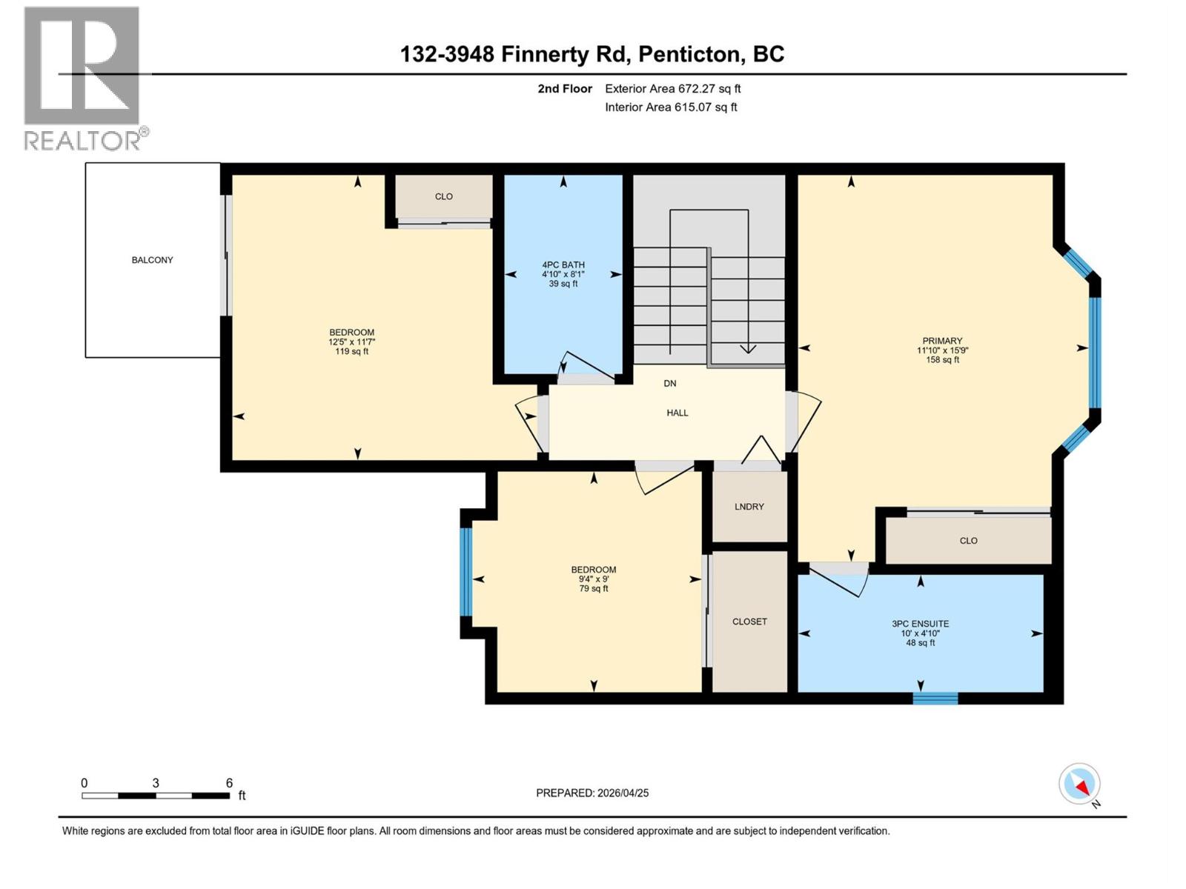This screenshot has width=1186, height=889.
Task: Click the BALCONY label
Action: [152, 260]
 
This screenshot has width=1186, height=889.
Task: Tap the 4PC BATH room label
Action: [563, 264]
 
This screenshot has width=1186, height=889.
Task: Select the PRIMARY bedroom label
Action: [942, 341]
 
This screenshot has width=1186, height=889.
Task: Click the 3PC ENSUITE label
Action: [920, 624]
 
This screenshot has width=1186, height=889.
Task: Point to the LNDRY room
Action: [749, 507]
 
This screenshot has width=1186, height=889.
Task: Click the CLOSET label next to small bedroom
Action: [749, 622]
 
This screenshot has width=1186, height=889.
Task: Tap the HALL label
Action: [677, 413]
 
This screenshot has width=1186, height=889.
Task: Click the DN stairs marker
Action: [669, 383]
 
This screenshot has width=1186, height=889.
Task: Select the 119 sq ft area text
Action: [351, 351]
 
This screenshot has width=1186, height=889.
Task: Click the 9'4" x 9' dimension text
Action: [594, 579]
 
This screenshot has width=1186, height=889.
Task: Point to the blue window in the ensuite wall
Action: [935, 698]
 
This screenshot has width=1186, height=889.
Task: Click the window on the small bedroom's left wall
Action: [466, 571]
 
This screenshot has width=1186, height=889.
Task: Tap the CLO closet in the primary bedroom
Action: [968, 541]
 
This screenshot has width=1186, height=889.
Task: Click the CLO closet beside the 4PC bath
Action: [443, 196]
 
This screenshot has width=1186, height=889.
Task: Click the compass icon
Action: [1079, 784]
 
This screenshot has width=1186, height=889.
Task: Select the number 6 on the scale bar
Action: [229, 783]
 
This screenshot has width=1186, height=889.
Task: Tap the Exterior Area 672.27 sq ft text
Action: [672, 89]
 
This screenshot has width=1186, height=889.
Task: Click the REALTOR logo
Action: [83, 78]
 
